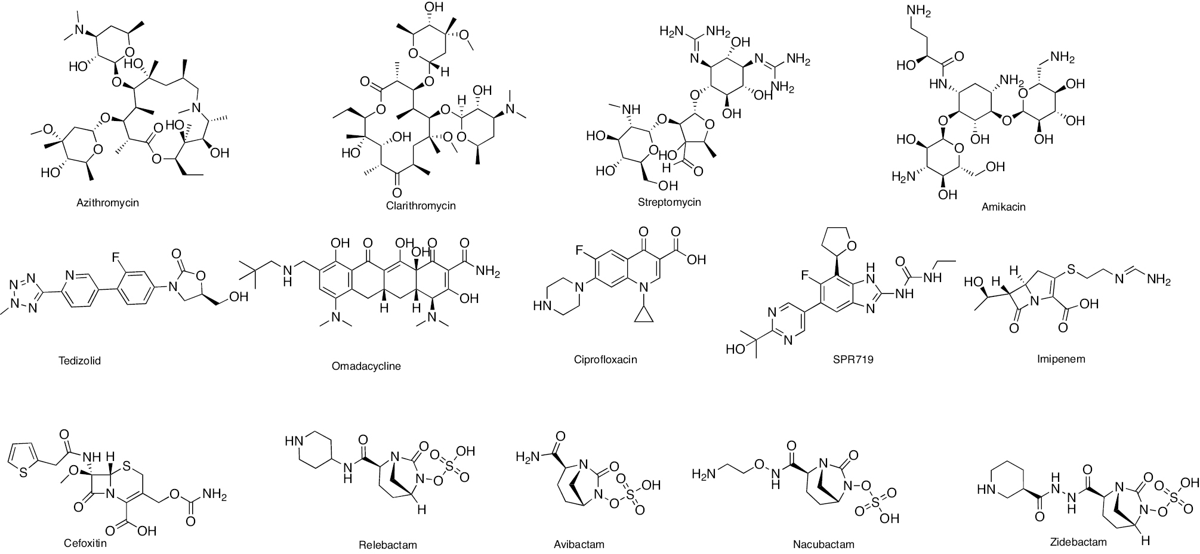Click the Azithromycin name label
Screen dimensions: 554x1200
coord(107,203)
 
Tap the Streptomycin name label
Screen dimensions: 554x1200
coord(669,202)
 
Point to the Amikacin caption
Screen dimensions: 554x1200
coord(1003,207)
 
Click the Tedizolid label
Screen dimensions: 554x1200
coord(80,361)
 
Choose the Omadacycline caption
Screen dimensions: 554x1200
coord(366,366)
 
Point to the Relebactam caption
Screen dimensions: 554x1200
coord(388,544)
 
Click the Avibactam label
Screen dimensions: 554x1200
coord(579,544)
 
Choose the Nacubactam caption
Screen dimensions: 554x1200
coord(823,544)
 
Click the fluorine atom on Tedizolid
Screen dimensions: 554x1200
coord(115,257)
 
